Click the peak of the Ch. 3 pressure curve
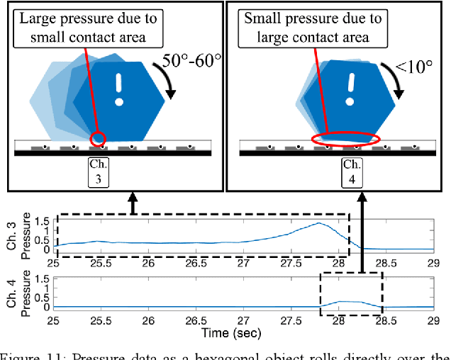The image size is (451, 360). pos(318,223)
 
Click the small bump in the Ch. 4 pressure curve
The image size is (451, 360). pos(343,302)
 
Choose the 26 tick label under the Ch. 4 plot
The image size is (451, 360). pos(148,320)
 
